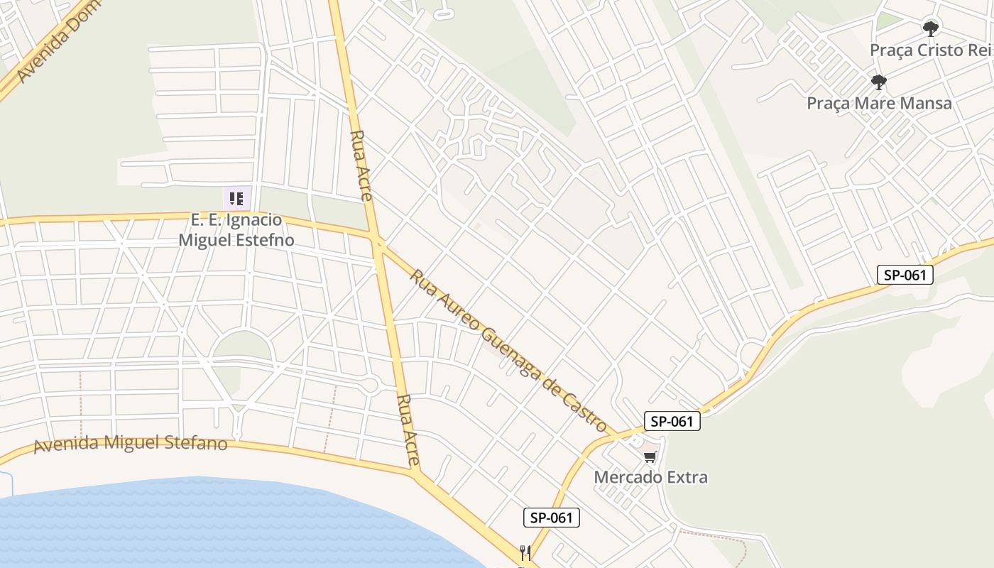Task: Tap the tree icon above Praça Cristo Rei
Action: tap(930, 29)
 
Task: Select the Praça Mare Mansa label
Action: tap(879, 103)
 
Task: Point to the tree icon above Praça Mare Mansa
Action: tap(879, 82)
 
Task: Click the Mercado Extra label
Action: tap(650, 477)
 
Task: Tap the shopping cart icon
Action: tap(650, 457)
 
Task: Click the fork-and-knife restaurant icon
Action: tap(525, 552)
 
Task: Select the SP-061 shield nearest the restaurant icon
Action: tap(552, 518)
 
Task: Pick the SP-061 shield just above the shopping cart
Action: tap(672, 421)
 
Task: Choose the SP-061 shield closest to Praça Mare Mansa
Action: tap(905, 275)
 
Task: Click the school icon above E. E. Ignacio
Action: tap(236, 198)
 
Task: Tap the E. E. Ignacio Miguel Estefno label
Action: tap(236, 230)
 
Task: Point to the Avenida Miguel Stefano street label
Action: tap(131, 444)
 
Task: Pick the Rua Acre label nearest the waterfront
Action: tap(409, 430)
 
